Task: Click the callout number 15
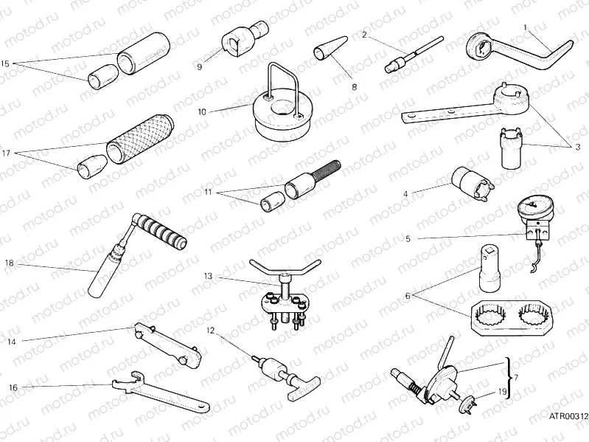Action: point(6,64)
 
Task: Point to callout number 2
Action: point(364,34)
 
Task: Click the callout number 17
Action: point(6,154)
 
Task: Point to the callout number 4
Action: point(405,194)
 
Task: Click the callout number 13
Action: point(209,276)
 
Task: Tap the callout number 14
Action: point(11,342)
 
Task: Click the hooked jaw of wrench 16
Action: point(119,383)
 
